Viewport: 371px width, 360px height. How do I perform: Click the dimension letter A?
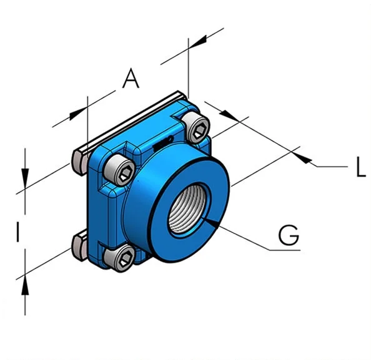click(x=131, y=78)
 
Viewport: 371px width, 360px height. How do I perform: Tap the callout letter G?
click(x=289, y=235)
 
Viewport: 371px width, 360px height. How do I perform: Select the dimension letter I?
click(x=17, y=231)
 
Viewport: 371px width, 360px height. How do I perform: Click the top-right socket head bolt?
click(x=197, y=128)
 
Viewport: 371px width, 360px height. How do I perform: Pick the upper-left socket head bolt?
click(x=120, y=170)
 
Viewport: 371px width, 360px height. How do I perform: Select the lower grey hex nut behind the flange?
click(x=80, y=246)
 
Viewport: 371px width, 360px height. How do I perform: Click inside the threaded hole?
click(x=189, y=208)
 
